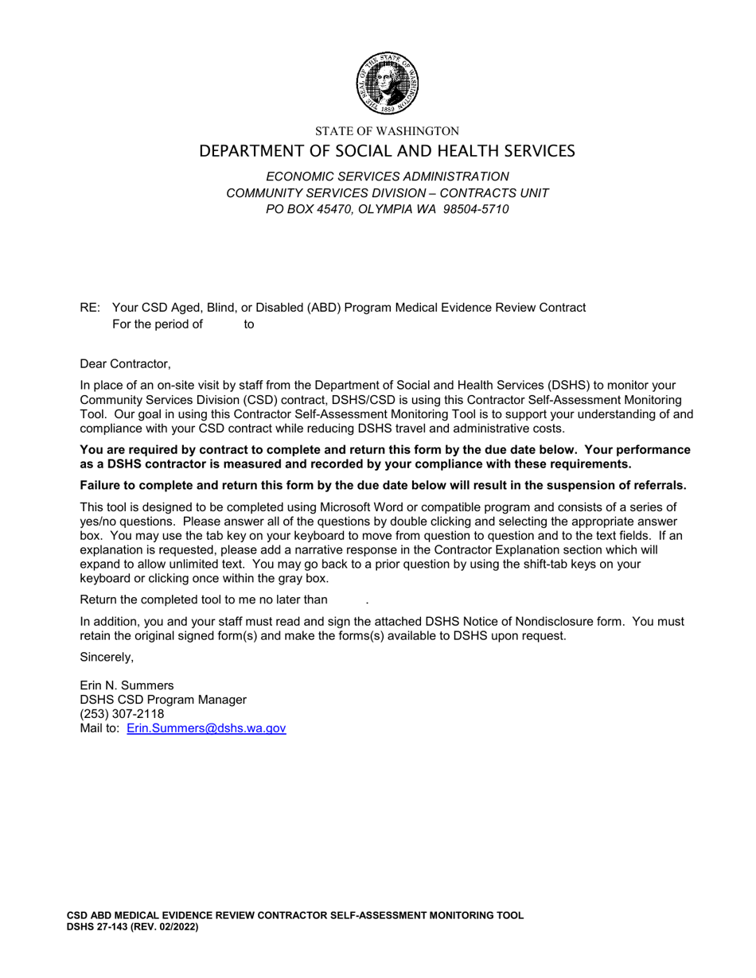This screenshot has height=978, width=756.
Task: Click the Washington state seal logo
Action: pos(387,83)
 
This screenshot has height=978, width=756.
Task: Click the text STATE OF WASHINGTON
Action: pos(387,131)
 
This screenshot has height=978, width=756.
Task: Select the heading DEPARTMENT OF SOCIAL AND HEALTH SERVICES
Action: pos(387,151)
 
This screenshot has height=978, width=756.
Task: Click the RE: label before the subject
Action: pos(90,308)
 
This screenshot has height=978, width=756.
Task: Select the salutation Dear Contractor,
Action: pos(125,364)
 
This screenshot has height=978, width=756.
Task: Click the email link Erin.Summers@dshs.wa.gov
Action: pos(206,728)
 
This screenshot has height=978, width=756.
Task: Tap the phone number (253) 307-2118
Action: pos(122,714)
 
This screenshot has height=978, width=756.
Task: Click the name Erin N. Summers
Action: pos(127,685)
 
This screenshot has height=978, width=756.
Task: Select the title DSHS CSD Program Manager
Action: pos(163,700)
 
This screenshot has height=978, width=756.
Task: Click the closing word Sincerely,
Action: pos(107,657)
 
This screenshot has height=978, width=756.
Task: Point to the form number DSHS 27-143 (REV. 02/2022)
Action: pos(132,927)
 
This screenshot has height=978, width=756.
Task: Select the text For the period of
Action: pos(158,324)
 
